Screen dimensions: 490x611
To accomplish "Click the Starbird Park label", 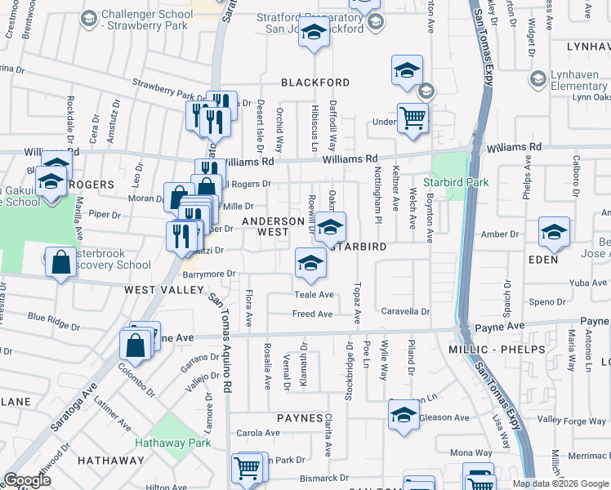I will (x=456, y=181).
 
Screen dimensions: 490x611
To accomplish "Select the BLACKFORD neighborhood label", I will (x=315, y=82).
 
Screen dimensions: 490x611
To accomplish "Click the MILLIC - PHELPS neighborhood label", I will (x=490, y=350).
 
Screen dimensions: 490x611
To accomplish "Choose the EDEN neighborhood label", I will (x=543, y=260).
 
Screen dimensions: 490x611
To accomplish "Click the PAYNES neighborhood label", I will (x=300, y=418).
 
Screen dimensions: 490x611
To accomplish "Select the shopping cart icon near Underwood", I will (x=413, y=118).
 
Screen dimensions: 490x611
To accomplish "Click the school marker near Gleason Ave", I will (x=404, y=415).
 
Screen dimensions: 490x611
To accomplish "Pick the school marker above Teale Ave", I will (x=310, y=262).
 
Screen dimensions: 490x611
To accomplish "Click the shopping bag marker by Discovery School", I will (x=62, y=263).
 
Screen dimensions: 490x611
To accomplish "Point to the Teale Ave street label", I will (x=314, y=295).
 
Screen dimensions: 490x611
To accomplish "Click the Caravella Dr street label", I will (x=405, y=312).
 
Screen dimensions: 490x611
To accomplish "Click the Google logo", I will (x=27, y=480).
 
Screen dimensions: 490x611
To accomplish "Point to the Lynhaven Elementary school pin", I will (x=537, y=78).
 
